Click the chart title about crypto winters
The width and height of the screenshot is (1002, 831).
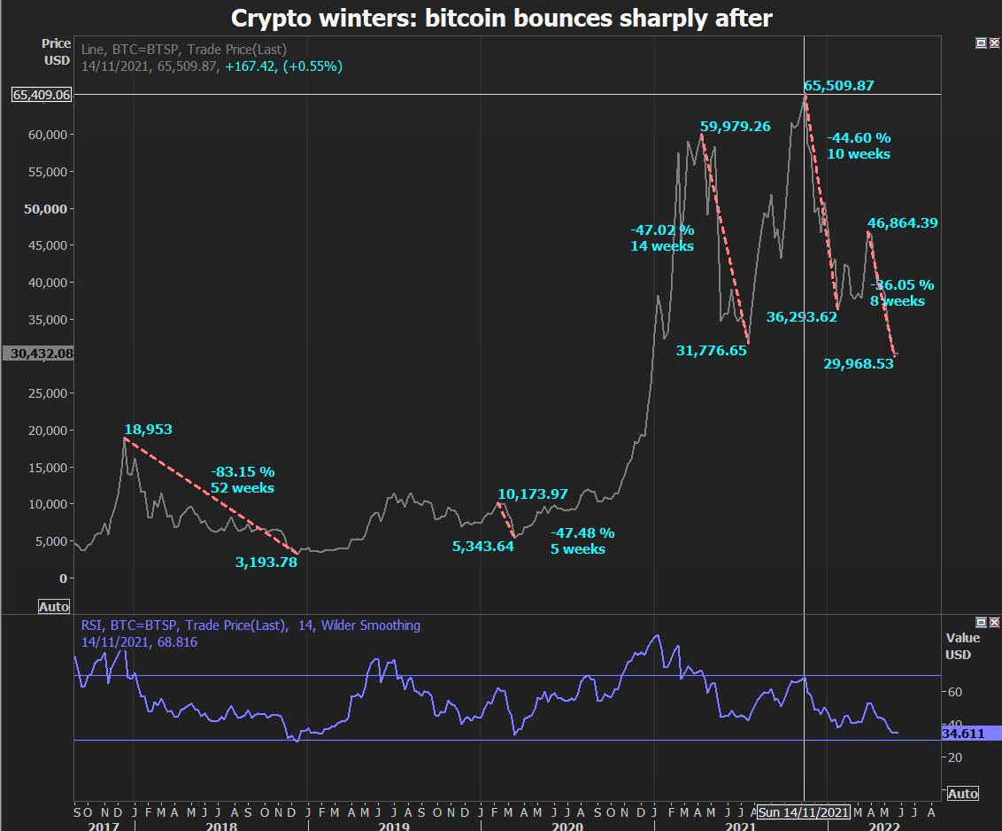502,18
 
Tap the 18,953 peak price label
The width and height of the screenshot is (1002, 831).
148,430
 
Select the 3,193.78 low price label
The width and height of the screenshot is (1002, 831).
266,562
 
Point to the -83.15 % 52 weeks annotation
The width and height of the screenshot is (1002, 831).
243,480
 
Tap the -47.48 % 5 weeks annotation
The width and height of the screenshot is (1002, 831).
582,541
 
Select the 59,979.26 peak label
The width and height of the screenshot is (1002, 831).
735,127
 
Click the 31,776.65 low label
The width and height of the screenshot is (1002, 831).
711,351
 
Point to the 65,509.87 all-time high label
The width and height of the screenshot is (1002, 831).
838,86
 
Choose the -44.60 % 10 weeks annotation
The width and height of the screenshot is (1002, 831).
859,146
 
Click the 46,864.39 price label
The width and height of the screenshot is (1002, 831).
902,223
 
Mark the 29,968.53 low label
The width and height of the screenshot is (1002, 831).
858,363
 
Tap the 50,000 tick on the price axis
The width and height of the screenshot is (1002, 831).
46,209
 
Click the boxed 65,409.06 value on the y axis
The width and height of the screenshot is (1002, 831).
42,95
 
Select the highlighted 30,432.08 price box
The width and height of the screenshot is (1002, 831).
42,353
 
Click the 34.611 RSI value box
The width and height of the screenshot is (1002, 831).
963,734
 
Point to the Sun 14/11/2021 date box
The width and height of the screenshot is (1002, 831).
804,812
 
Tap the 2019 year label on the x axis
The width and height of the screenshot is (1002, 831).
395,826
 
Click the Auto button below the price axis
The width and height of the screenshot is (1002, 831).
54,607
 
